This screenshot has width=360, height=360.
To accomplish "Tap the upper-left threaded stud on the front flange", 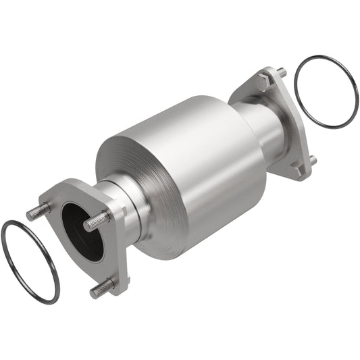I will click(x=38, y=212).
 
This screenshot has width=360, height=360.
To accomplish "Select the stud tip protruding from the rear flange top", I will click(x=281, y=72).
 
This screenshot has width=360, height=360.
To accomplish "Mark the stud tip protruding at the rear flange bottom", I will click(x=313, y=160).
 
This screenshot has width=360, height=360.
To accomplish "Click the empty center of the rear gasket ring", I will click(x=326, y=91).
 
